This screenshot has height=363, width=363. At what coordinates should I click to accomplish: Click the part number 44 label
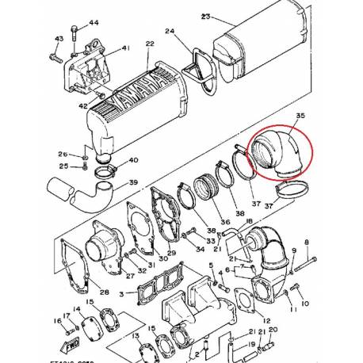click(x=94, y=22)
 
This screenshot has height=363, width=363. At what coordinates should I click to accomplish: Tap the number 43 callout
click(x=59, y=39)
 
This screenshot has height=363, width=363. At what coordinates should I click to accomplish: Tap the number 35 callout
click(x=300, y=117)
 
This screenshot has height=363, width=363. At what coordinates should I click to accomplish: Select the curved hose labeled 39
click(x=88, y=193)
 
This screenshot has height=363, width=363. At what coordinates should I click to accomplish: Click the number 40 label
click(x=133, y=160)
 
